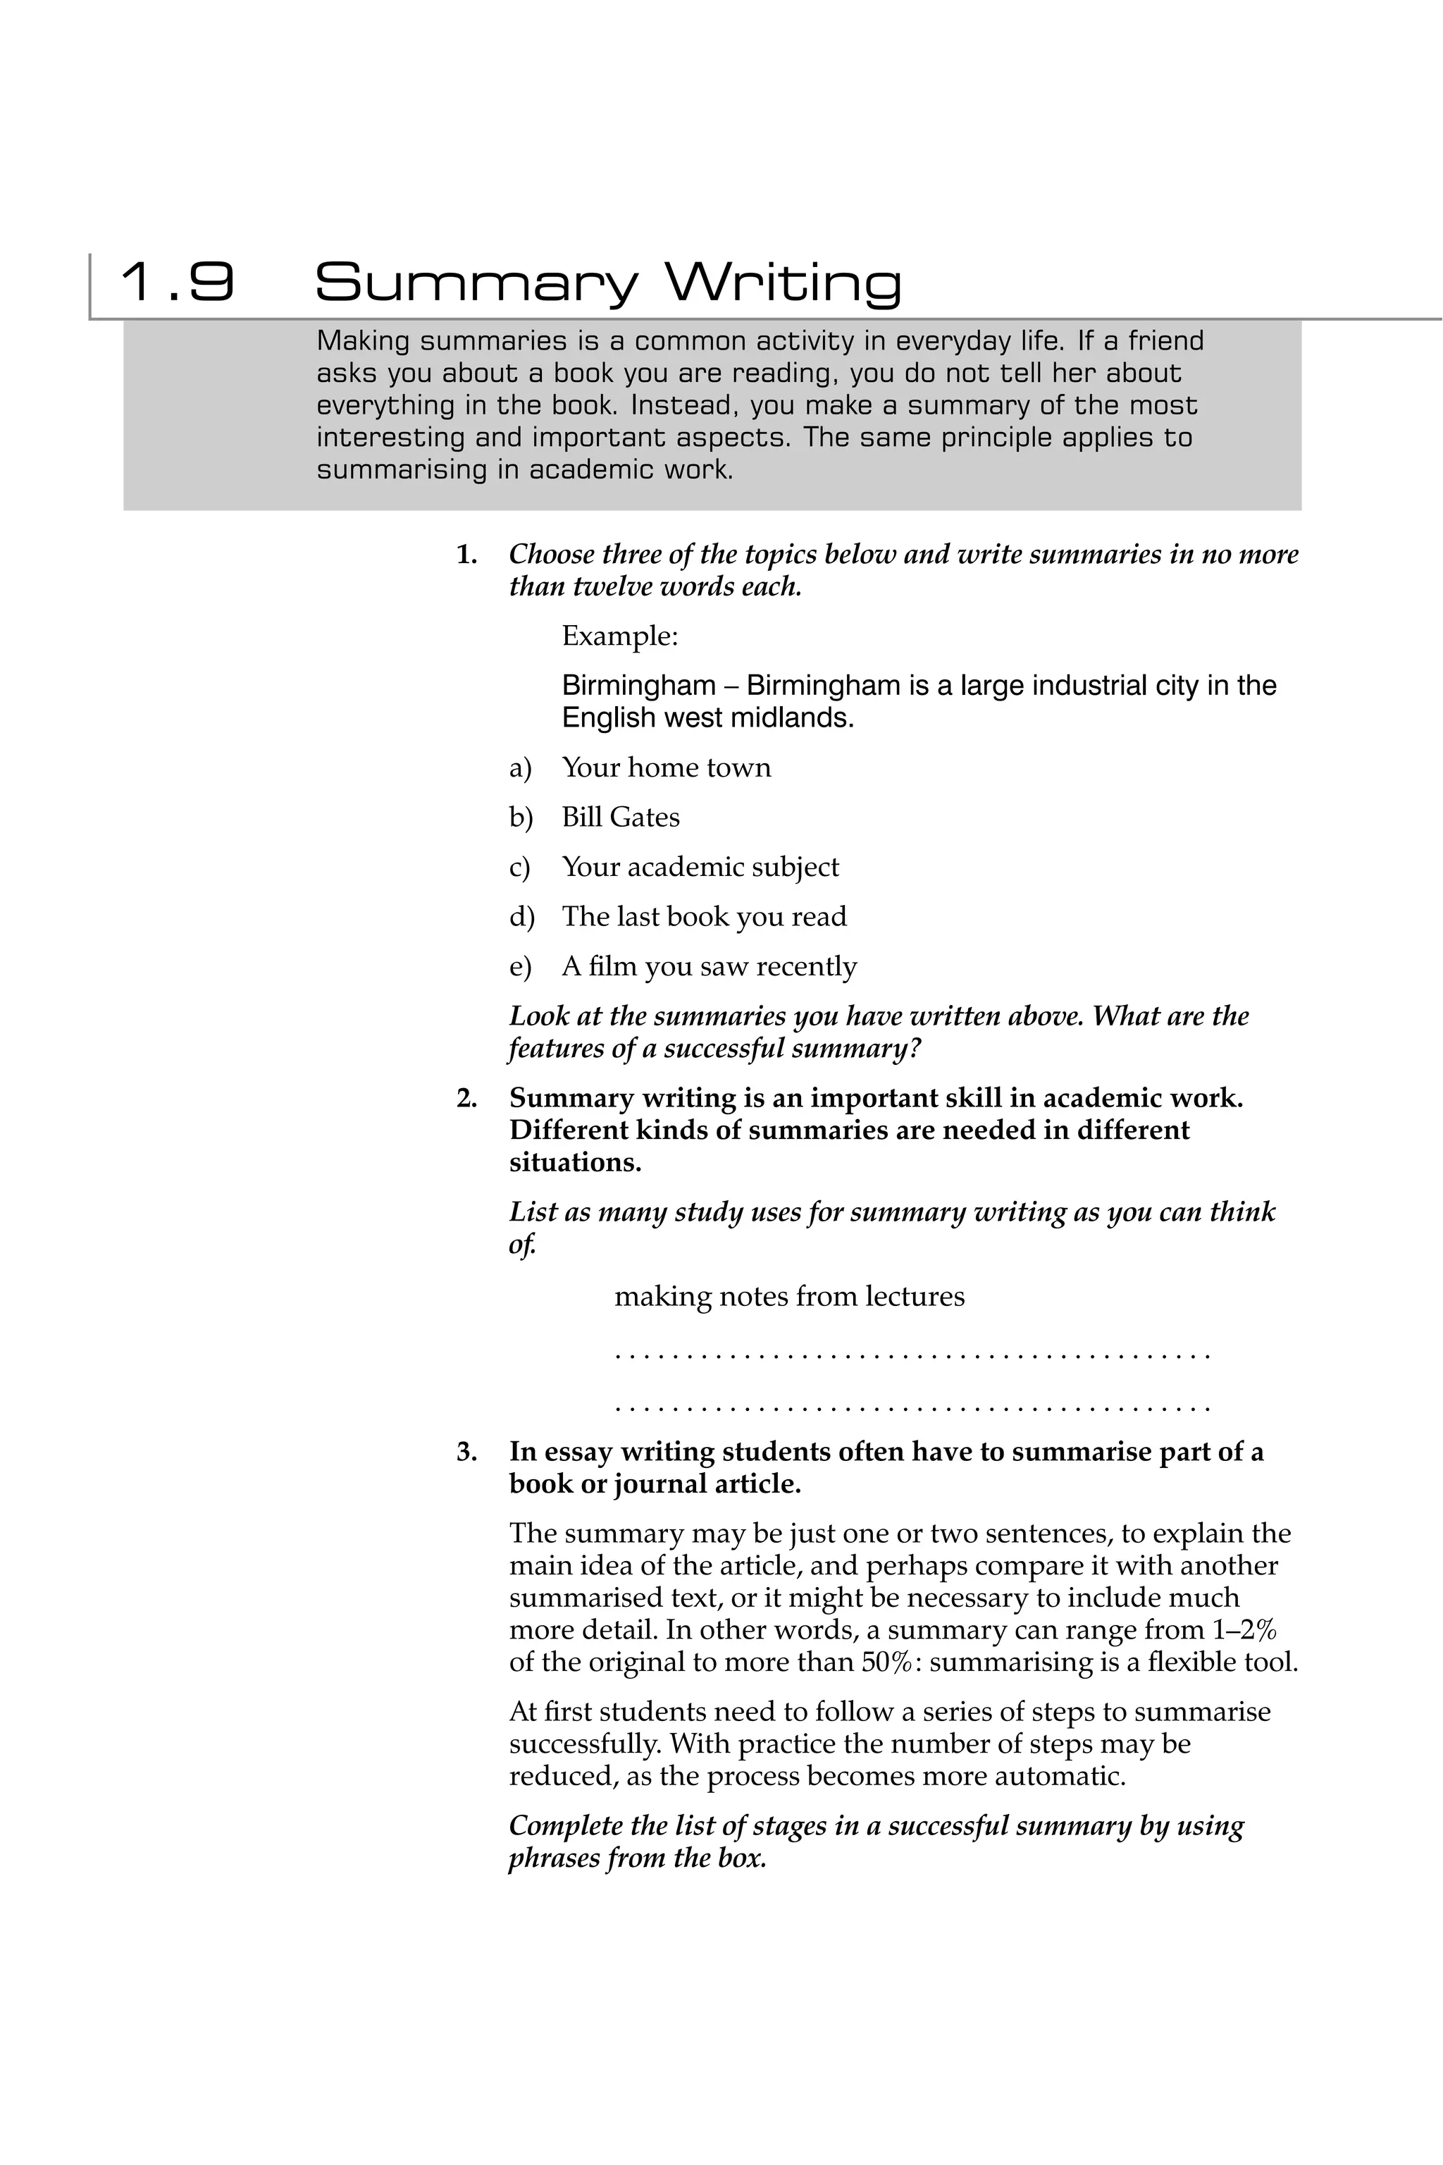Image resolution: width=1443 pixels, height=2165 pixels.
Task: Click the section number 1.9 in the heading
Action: (178, 282)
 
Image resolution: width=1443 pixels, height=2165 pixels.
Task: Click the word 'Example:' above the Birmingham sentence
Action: (619, 636)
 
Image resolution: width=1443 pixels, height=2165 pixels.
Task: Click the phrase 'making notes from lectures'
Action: (788, 1297)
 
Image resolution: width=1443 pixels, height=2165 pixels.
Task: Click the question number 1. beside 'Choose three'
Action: (466, 555)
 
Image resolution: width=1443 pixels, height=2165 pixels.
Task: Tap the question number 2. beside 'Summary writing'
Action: (466, 1098)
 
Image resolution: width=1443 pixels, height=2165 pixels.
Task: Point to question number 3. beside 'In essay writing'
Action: (466, 1452)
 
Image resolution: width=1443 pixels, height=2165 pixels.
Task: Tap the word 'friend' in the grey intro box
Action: (1166, 342)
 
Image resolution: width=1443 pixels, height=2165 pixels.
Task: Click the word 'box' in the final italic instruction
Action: (743, 1858)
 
